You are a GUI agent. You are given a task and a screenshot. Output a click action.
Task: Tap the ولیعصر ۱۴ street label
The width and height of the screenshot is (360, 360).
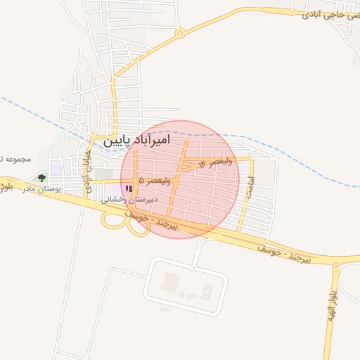(x=215, y=163)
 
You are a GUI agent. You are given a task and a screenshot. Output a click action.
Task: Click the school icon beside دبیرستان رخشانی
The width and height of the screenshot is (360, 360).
(x=128, y=188)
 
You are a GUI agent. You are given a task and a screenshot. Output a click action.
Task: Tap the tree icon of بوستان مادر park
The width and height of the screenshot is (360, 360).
(x=41, y=178)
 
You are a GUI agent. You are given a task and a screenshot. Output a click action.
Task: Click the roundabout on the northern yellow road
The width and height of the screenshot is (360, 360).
(x=181, y=32)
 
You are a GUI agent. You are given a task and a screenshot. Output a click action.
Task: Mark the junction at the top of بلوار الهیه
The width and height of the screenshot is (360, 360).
(x=337, y=268)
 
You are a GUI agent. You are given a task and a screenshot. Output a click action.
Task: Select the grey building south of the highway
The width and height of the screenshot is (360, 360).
(x=169, y=283)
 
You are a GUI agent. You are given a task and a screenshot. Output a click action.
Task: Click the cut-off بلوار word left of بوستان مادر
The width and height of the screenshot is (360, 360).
(x=6, y=186)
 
